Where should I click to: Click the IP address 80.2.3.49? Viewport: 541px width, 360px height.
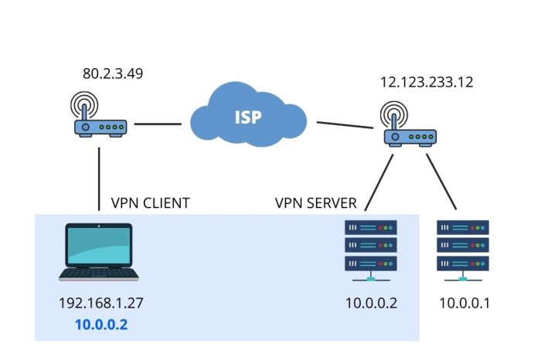(x=113, y=75)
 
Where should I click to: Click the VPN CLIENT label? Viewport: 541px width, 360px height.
(x=151, y=203)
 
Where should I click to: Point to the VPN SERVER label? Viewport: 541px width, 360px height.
(x=316, y=203)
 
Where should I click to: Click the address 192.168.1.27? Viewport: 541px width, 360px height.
(x=101, y=303)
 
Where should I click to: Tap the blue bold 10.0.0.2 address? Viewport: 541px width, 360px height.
(x=101, y=324)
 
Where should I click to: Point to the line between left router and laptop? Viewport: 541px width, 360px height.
(x=99, y=178)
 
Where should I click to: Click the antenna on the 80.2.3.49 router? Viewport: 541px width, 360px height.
(x=87, y=104)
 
